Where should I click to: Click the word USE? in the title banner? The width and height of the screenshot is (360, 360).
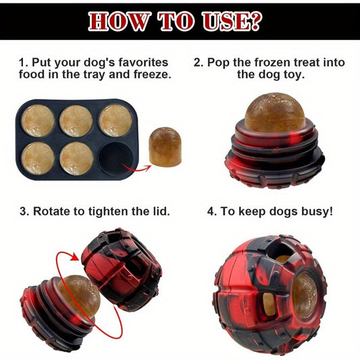(x=232, y=21)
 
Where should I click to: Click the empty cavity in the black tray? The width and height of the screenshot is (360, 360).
(x=116, y=159)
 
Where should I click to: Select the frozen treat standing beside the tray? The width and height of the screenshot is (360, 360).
(x=165, y=147)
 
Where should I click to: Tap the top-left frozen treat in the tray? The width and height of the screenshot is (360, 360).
(x=38, y=120)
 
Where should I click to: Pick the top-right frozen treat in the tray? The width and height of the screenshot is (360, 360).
(x=116, y=120)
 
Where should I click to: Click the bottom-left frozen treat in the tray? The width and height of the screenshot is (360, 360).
(x=38, y=159)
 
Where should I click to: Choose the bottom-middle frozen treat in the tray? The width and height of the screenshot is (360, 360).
(x=77, y=159)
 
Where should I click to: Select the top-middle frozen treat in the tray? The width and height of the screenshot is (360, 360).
(x=76, y=121)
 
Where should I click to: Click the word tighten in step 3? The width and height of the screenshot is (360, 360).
(x=108, y=211)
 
